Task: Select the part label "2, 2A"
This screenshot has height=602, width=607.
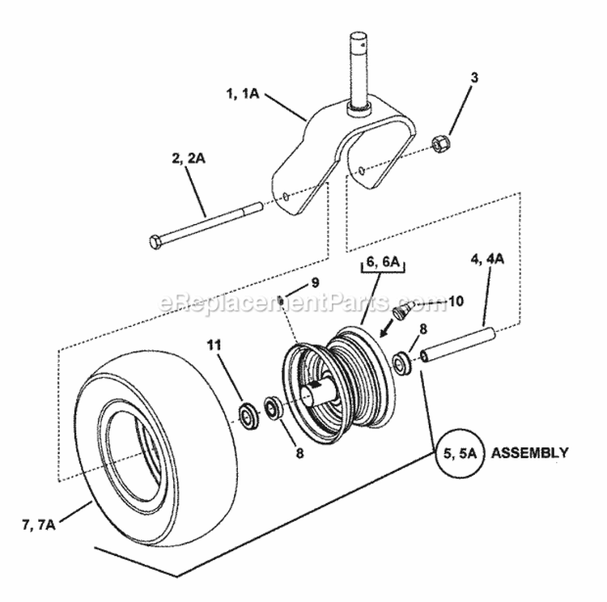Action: pyautogui.click(x=188, y=159)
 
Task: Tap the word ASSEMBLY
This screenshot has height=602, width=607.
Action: pyautogui.click(x=529, y=452)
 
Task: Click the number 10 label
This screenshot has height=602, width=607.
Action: pyautogui.click(x=455, y=301)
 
